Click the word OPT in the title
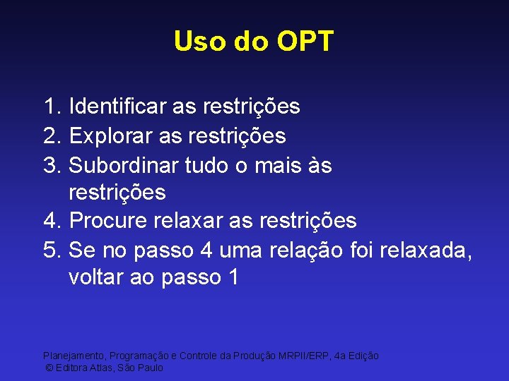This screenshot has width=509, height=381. (305, 42)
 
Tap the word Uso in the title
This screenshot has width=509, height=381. (198, 42)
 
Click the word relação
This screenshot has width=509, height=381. (298, 250)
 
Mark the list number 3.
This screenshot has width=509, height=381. (50, 165)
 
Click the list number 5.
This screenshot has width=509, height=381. (50, 250)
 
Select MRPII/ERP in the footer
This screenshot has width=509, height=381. (307, 356)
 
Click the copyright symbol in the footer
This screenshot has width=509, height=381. (49, 368)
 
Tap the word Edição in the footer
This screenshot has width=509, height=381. (363, 356)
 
